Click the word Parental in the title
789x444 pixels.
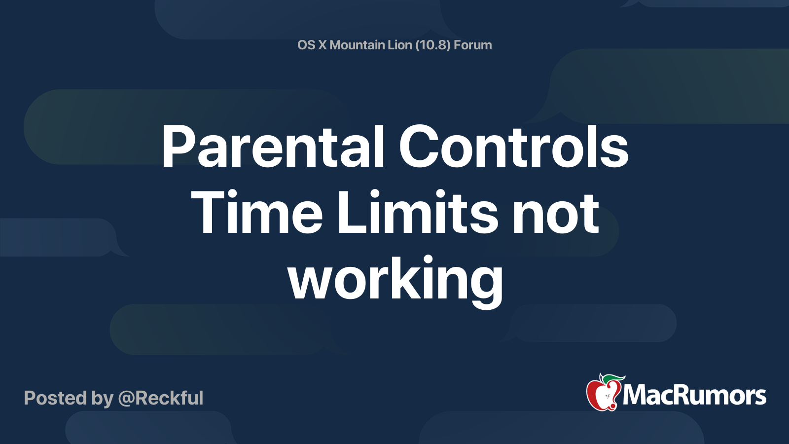point(273,147)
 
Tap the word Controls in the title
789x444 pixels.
point(513,147)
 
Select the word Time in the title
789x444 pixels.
point(256,213)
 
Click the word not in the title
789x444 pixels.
point(555,213)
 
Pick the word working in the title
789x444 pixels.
point(395,280)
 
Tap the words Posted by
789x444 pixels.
point(69,398)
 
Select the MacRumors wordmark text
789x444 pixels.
point(694,396)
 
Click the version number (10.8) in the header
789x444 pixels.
point(432,45)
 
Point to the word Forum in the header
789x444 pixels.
point(472,45)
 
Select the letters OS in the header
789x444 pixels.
point(306,45)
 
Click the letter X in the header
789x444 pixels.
point(322,45)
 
